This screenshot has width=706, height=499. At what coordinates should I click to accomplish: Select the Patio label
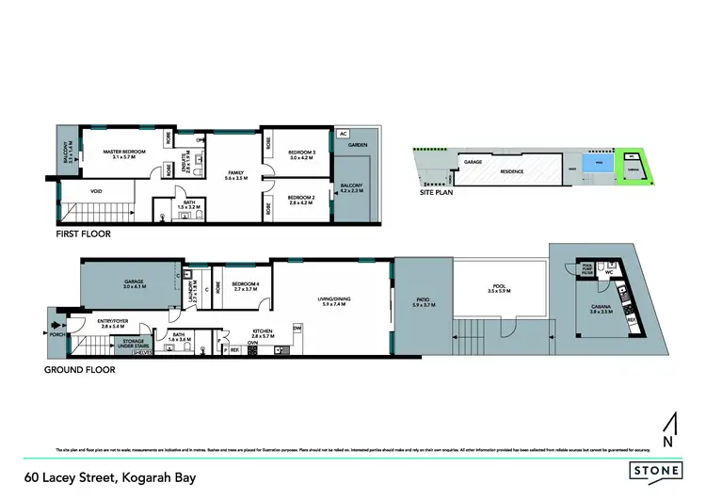click(x=421, y=303)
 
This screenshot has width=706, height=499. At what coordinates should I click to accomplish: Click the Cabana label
click(x=601, y=312)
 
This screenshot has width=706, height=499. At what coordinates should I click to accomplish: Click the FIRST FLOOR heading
click(x=84, y=233)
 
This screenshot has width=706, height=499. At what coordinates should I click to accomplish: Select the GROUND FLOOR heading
click(x=80, y=370)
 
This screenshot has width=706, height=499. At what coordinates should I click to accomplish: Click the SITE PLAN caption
click(x=438, y=191)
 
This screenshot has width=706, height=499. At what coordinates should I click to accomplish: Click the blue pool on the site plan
click(x=589, y=164)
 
